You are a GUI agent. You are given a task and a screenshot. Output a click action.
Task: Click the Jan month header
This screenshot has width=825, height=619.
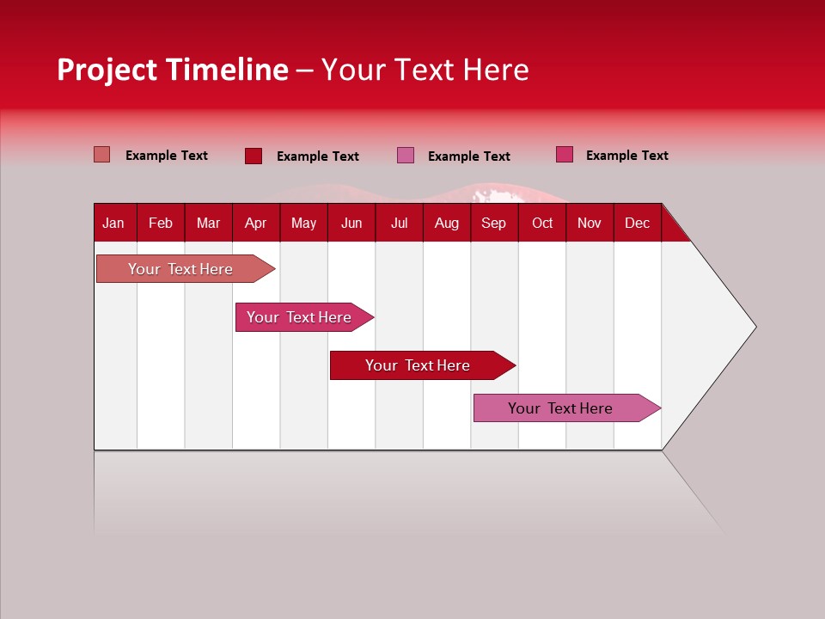click(x=113, y=223)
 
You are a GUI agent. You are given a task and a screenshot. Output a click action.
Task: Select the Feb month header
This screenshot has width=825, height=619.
click(x=161, y=223)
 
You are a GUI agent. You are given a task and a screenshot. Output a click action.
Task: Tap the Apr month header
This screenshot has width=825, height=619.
click(x=255, y=223)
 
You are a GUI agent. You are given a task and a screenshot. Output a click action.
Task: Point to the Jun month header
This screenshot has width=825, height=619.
click(x=351, y=223)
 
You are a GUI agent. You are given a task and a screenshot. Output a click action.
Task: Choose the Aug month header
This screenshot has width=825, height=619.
click(x=446, y=223)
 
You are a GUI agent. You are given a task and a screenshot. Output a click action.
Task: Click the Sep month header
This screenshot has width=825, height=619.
click(x=493, y=223)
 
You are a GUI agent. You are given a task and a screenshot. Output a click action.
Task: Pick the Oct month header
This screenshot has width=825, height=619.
click(x=542, y=223)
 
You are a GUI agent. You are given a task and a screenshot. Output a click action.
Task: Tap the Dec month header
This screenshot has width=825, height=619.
click(x=637, y=223)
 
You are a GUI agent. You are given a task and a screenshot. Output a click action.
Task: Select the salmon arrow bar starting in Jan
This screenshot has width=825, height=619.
click(x=180, y=269)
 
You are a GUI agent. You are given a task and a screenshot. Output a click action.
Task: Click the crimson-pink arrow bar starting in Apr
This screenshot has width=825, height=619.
click(x=299, y=317)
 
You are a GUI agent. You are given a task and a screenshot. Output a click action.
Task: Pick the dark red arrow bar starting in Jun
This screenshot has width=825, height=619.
click(x=418, y=365)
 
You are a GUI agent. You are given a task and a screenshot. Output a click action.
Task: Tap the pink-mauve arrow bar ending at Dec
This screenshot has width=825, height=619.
click(x=560, y=408)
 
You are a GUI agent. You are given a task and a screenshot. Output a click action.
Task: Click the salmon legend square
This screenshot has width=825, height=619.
click(x=102, y=155)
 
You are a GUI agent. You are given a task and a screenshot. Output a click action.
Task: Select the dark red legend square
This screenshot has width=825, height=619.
click(x=254, y=156)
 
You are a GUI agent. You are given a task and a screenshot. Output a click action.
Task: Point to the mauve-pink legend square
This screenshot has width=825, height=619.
click(x=406, y=156)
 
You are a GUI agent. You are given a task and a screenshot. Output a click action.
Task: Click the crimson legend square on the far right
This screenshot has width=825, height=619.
click(x=565, y=155)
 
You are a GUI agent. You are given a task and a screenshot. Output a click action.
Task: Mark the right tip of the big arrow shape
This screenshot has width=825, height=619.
click(x=755, y=327)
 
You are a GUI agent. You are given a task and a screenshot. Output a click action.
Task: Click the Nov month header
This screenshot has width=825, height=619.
click(x=590, y=223)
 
